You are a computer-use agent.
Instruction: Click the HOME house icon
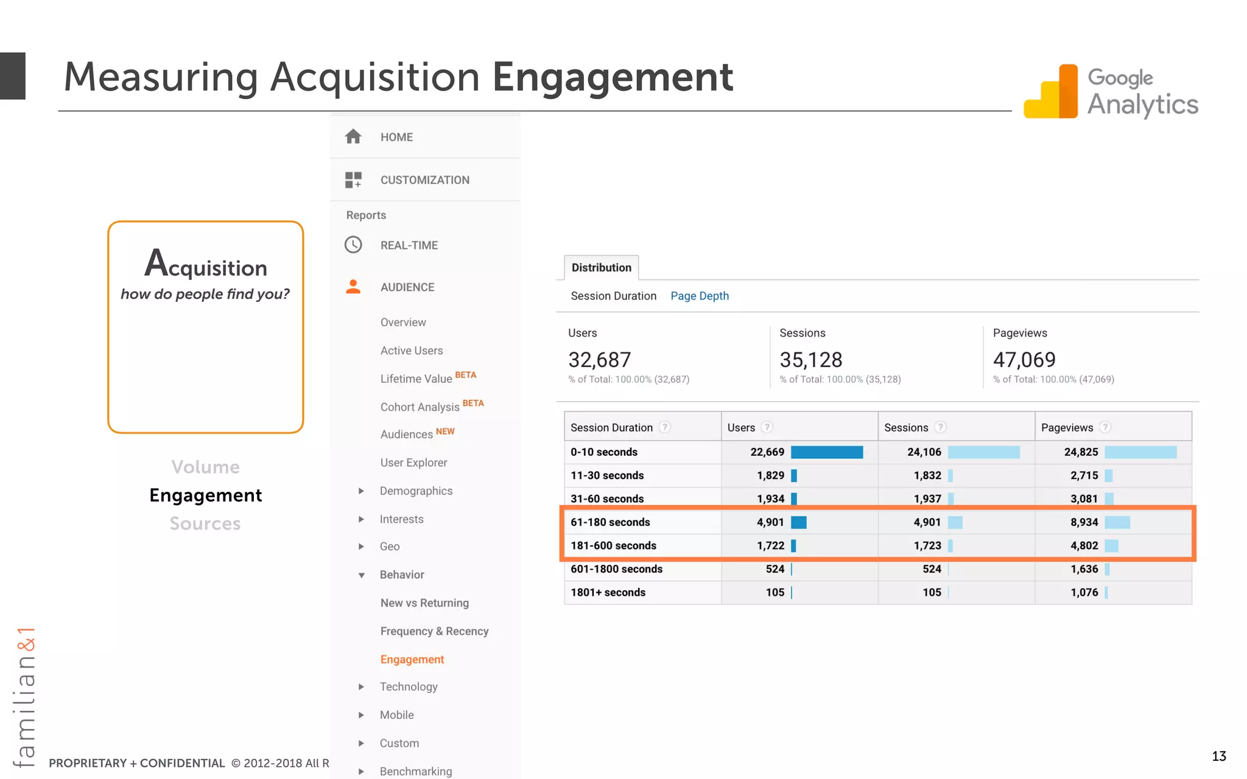point(353,136)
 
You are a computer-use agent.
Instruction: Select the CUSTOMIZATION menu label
point(424,180)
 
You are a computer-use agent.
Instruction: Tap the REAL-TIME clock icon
point(353,245)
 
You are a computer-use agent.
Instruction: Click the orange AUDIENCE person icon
point(353,287)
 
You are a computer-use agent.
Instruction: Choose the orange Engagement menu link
point(412,659)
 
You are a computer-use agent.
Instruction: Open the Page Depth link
point(699,296)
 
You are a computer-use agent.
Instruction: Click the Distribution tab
point(601,268)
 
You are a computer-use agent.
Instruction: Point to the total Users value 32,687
point(599,360)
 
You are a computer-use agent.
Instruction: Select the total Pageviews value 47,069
point(1024,360)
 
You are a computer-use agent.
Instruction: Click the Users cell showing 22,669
point(767,452)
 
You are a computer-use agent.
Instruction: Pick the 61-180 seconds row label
point(610,522)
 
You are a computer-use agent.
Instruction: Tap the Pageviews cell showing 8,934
point(1084,522)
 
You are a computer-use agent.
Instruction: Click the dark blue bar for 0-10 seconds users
point(826,452)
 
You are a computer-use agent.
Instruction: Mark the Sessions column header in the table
point(906,428)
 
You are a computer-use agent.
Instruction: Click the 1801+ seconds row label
point(608,592)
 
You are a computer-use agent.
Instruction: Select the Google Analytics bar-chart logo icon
point(1051,92)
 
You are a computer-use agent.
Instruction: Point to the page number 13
point(1218,756)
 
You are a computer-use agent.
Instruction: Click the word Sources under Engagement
point(205,524)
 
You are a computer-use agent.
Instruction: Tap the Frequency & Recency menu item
point(434,631)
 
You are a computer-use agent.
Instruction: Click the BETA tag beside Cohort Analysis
point(473,403)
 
